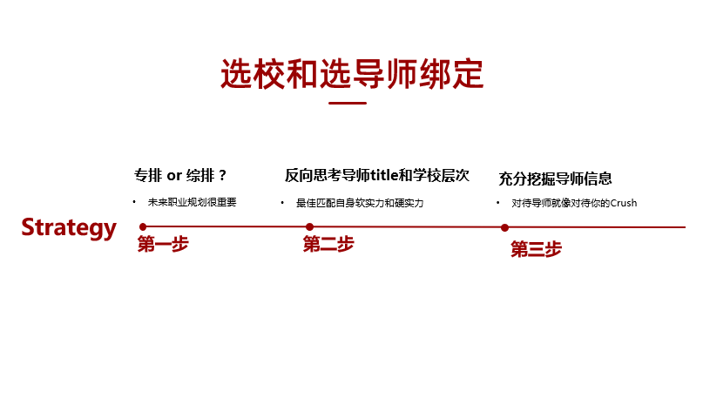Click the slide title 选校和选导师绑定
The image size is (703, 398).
(351, 74)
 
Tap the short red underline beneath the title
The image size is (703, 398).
(347, 104)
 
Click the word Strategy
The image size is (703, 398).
(69, 227)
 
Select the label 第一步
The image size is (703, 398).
(163, 245)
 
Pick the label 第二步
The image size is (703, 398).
(328, 245)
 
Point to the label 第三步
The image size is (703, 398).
(536, 250)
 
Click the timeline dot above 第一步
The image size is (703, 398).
(143, 226)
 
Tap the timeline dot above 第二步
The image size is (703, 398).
(309, 226)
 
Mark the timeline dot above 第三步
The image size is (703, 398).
(504, 227)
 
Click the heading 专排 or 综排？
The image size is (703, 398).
(180, 175)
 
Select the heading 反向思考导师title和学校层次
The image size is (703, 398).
(376, 175)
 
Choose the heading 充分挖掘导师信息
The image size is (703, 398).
(555, 179)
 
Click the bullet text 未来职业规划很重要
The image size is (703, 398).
(192, 202)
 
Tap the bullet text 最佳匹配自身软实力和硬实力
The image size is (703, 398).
(360, 203)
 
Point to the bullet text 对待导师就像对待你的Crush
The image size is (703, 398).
(575, 203)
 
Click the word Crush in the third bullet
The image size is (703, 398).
(623, 203)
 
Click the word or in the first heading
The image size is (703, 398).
(173, 175)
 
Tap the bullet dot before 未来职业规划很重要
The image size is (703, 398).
(134, 202)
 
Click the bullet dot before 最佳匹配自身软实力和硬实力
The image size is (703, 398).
(283, 203)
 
